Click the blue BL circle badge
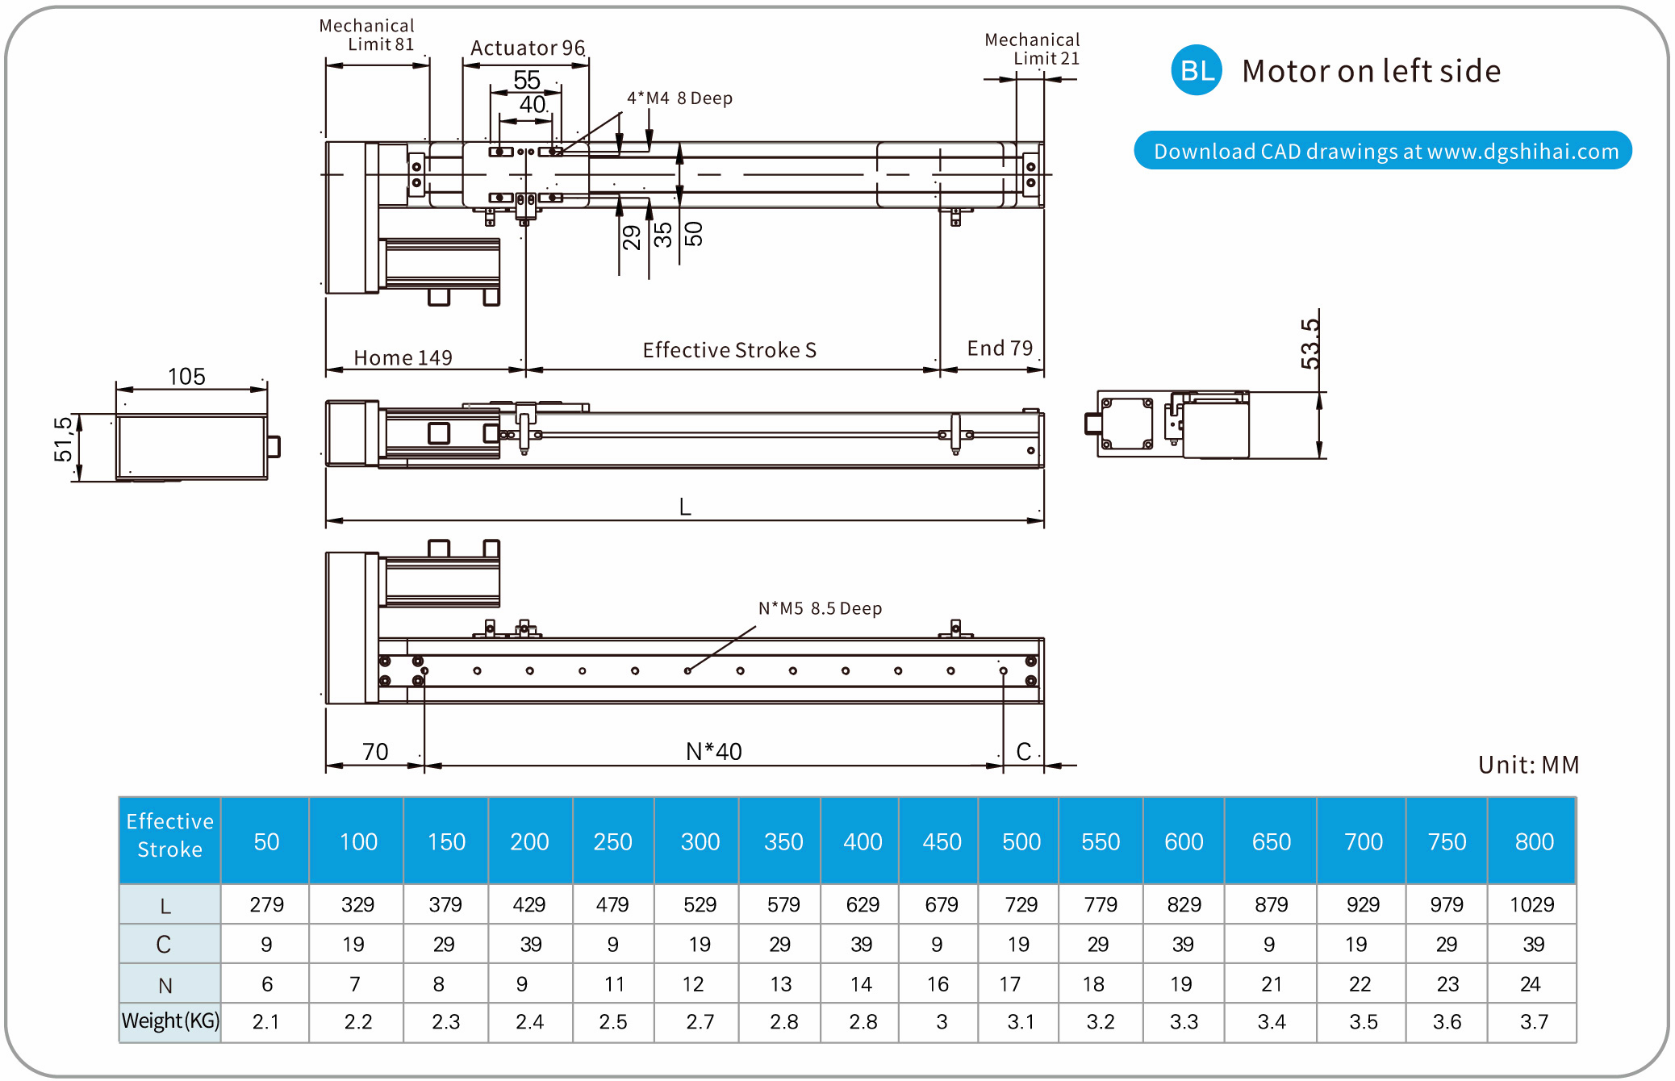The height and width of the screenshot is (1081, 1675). point(1196,70)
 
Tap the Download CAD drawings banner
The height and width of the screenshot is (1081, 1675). point(1383,151)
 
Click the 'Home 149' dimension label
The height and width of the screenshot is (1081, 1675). point(403,357)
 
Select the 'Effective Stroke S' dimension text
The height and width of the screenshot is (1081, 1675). point(729,350)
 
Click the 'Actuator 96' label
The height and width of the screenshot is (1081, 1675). point(527,48)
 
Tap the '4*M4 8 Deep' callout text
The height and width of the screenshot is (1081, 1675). point(679,98)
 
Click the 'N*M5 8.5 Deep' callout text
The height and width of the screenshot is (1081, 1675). point(820,608)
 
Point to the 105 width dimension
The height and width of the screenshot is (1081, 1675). point(186,377)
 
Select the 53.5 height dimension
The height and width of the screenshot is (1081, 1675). point(1310,344)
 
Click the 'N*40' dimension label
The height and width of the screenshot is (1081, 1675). point(713,752)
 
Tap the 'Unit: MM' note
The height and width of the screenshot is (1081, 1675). point(1528,765)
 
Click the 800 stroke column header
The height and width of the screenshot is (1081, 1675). point(1533,841)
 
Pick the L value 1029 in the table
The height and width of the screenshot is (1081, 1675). point(1531,904)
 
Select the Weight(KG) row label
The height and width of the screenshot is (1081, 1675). point(170,1021)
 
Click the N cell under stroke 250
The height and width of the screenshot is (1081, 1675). point(614,984)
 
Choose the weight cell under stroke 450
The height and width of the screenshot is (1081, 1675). point(941,1022)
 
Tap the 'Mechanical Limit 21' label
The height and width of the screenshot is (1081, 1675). point(1032,48)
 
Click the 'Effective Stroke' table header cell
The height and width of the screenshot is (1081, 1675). point(169,835)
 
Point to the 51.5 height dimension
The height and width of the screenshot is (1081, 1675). point(63,439)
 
